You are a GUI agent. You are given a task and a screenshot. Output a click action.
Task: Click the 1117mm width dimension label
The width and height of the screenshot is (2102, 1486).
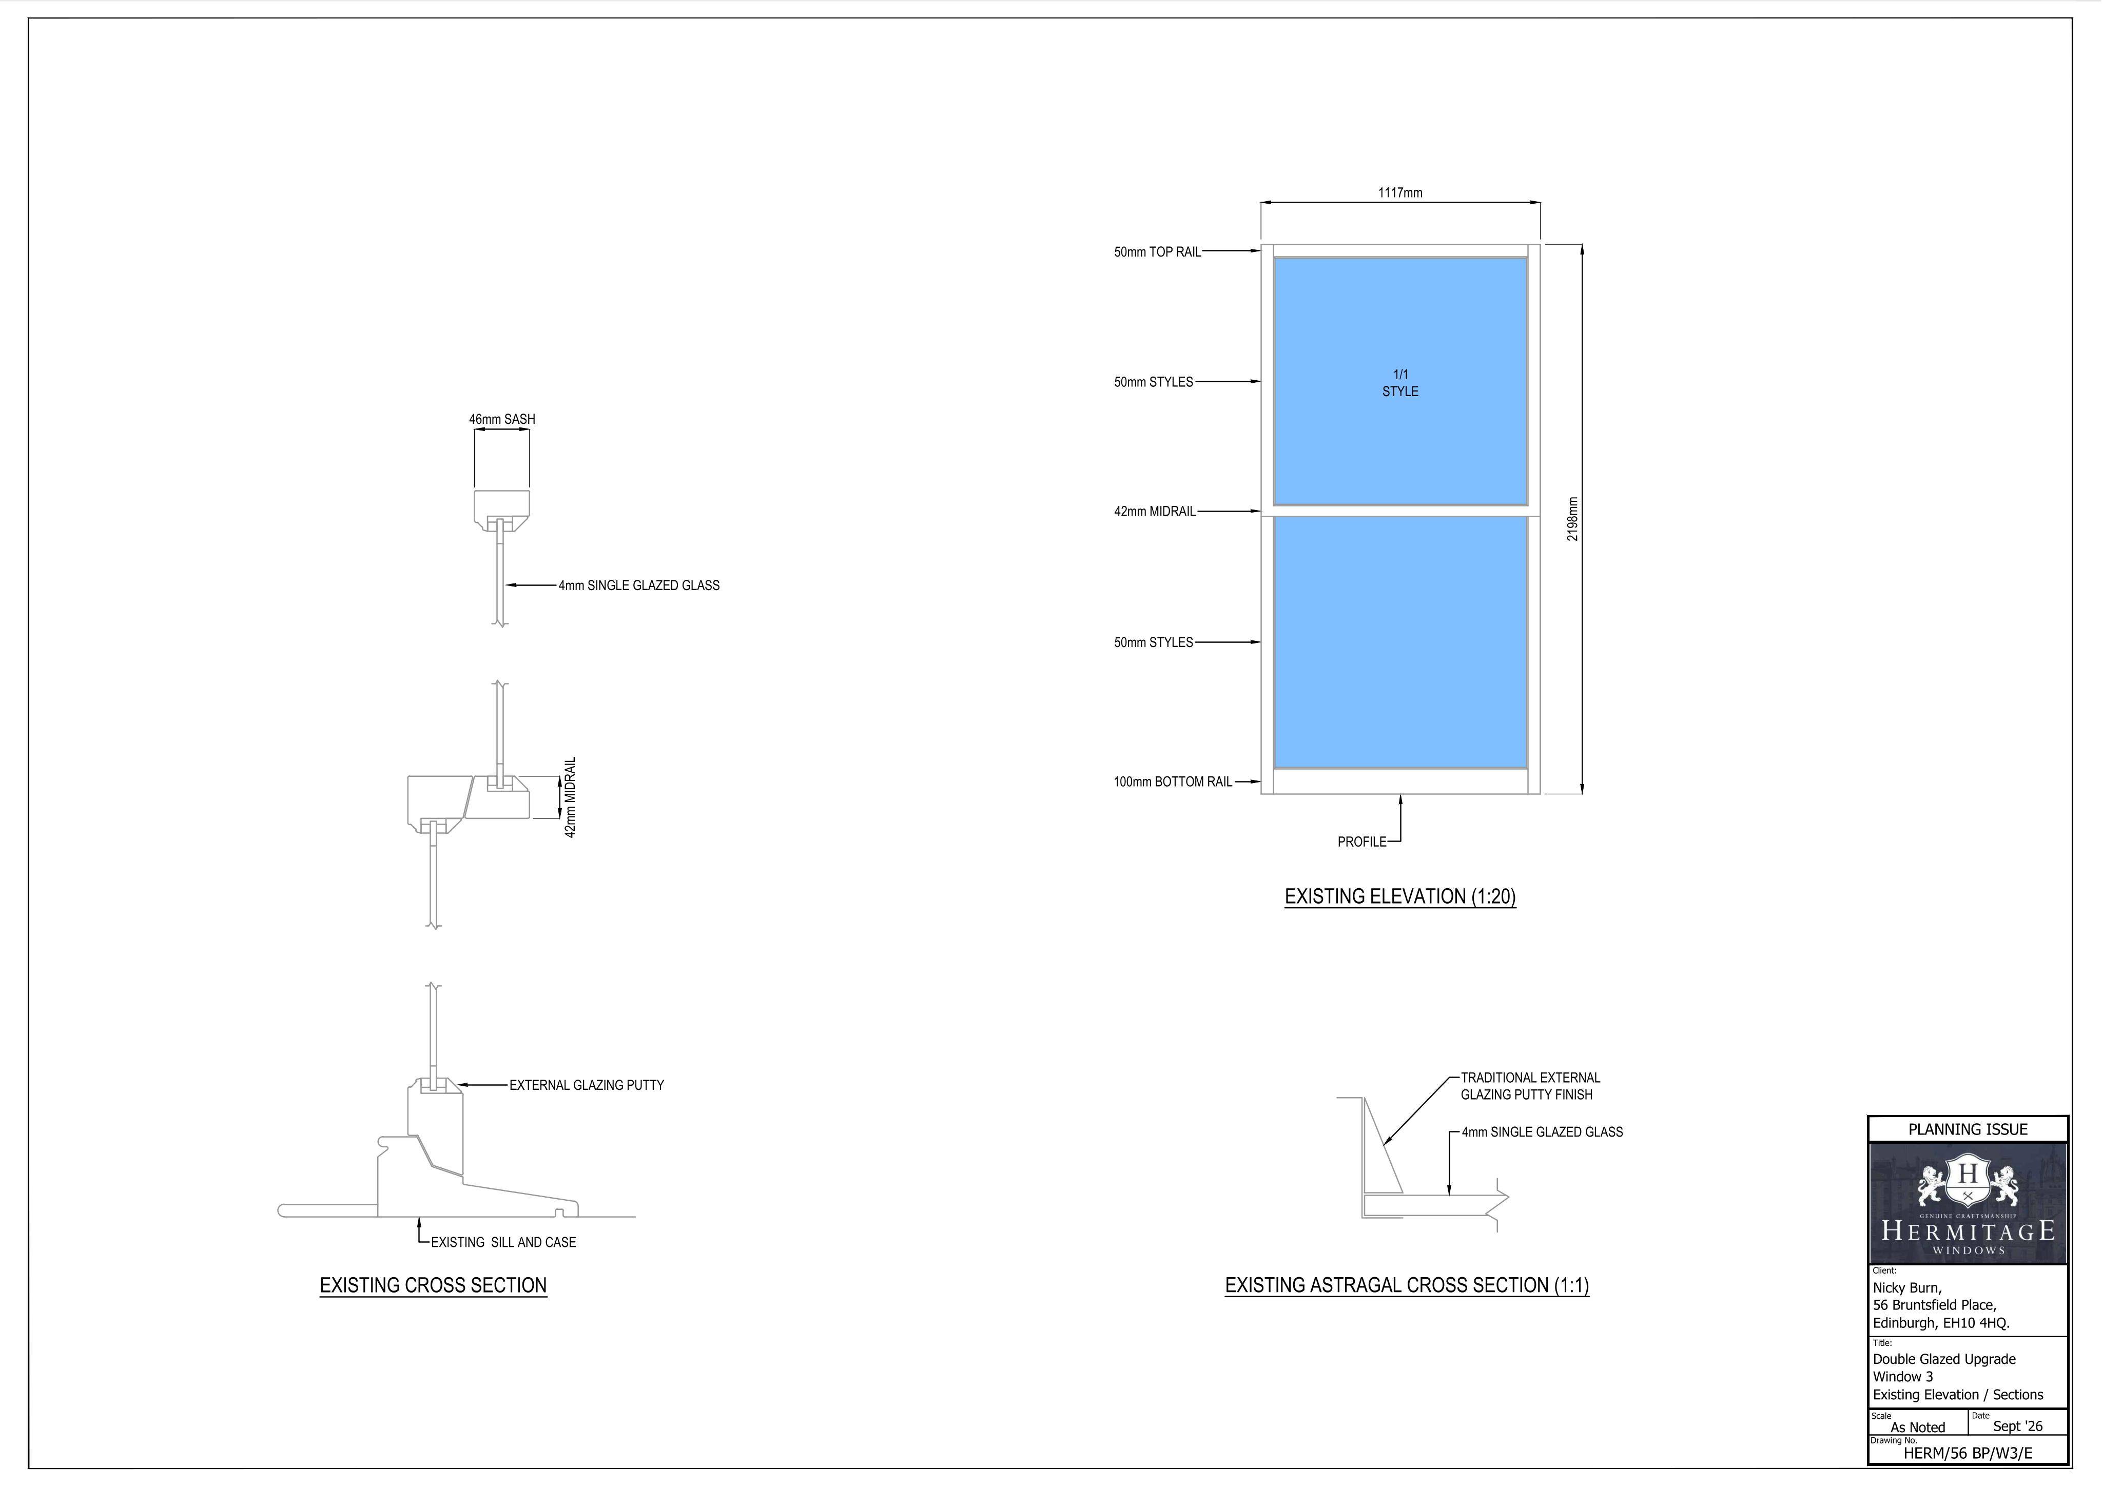pos(1400,193)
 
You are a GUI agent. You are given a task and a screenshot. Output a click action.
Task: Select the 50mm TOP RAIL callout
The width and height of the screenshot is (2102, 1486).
pos(1157,252)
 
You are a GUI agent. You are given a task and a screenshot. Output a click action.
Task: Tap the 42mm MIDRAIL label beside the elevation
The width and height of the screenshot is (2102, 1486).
pos(1155,512)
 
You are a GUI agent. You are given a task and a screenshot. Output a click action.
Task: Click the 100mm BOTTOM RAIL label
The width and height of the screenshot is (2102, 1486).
pos(1173,782)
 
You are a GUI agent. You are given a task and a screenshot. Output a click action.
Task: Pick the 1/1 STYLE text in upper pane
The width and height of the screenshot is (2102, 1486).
pos(1400,383)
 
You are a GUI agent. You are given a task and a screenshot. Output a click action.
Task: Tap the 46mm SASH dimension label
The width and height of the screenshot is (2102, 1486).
pos(502,419)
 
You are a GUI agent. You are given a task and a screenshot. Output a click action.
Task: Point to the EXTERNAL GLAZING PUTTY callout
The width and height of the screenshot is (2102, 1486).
pos(587,1085)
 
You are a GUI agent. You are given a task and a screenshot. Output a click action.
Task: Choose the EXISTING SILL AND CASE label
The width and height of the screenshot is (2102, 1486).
pos(503,1242)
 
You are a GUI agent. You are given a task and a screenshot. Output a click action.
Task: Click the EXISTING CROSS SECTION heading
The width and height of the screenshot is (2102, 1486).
pos(433,1285)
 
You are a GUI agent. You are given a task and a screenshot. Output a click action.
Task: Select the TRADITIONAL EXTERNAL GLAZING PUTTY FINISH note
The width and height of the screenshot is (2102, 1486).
pos(1530,1086)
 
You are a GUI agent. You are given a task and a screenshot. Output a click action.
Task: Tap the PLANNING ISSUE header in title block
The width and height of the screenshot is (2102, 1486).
pos(1968,1130)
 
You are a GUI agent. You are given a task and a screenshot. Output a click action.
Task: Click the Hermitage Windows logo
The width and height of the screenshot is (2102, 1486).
pos(1968,1204)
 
